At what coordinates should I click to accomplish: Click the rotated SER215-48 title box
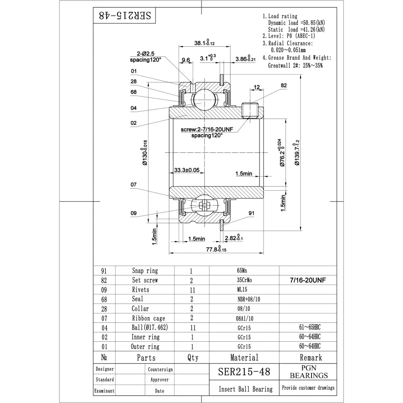pyautogui.click(x=125, y=16)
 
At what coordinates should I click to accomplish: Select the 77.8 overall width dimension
pyautogui.click(x=216, y=249)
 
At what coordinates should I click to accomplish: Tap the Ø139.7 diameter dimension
pyautogui.click(x=297, y=152)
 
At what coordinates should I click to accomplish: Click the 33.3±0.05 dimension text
pyautogui.click(x=187, y=170)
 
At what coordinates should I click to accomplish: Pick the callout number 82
pyautogui.click(x=283, y=85)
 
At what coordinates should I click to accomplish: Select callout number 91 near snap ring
pyautogui.click(x=251, y=213)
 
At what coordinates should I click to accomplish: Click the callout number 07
pyautogui.click(x=133, y=185)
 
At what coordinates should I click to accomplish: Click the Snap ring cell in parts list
pyautogui.click(x=145, y=271)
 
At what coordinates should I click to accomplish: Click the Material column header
pyautogui.click(x=244, y=357)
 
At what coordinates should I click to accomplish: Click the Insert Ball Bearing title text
pyautogui.click(x=245, y=389)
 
